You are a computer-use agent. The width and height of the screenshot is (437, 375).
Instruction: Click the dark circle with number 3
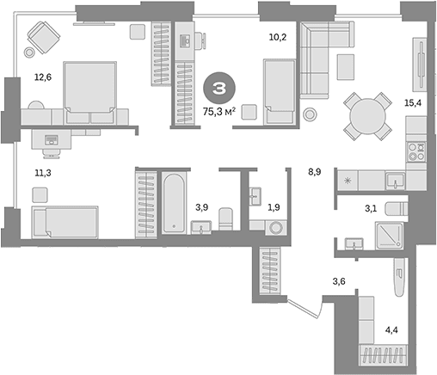tap(219, 88)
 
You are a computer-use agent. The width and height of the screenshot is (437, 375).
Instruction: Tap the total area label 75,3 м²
tap(219, 112)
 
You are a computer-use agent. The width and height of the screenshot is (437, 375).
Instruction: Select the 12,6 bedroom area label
tap(43, 77)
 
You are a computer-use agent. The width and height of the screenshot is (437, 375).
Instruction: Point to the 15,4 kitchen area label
tap(413, 102)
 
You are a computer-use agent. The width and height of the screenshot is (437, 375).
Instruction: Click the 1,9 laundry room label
tap(274, 207)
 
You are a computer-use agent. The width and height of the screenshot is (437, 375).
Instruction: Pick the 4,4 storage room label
tap(391, 330)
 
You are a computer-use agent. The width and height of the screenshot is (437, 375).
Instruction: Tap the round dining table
tap(367, 116)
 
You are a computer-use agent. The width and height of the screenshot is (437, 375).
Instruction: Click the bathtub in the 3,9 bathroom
tap(174, 203)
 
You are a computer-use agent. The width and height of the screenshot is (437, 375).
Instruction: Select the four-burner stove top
tap(416, 152)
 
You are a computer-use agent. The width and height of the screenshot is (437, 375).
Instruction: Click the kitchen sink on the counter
tap(396, 180)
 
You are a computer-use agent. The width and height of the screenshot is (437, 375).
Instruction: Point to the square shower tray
tap(389, 236)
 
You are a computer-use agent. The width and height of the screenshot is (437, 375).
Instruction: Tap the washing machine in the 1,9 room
tap(276, 228)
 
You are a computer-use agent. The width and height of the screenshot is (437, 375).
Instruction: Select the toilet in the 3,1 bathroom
tap(396, 208)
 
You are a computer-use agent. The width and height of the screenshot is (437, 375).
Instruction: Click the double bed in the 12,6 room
tap(90, 93)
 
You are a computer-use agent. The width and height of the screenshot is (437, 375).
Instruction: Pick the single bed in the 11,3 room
tap(65, 222)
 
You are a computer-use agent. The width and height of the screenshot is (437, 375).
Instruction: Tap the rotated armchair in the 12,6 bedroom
tap(44, 37)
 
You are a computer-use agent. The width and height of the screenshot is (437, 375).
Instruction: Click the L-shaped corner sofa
tap(325, 59)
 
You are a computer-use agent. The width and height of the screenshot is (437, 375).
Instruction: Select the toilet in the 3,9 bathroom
tap(226, 218)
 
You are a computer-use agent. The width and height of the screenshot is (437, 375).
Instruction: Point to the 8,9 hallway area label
tap(315, 172)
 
